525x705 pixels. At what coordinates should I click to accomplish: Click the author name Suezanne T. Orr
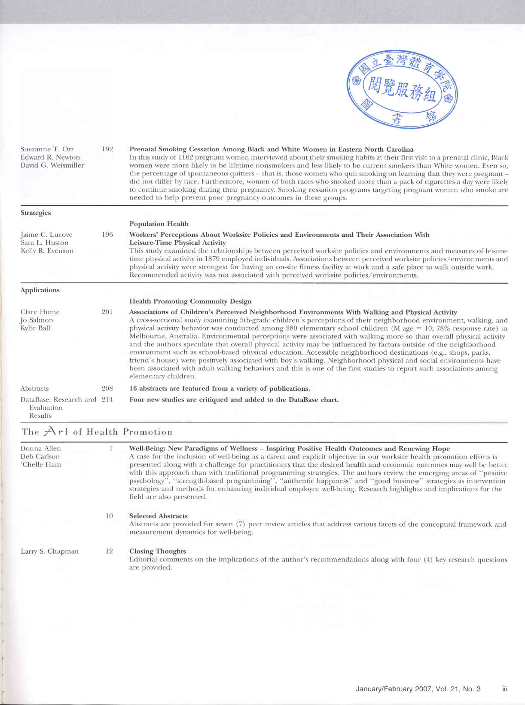[47, 149]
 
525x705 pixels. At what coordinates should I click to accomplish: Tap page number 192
[107, 149]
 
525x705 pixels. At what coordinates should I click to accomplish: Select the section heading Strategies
[36, 213]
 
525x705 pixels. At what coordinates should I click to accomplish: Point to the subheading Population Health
[159, 224]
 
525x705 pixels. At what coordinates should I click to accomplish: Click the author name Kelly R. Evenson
[47, 251]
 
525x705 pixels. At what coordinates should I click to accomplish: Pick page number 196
[107, 235]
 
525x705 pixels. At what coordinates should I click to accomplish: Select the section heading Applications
[40, 290]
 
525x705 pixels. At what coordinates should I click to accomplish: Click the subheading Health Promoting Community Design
[190, 301]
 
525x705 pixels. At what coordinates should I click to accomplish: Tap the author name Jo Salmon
[37, 320]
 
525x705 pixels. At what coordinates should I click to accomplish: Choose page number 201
[107, 312]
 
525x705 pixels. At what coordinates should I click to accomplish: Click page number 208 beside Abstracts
[107, 389]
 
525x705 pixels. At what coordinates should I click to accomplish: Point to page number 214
[107, 399]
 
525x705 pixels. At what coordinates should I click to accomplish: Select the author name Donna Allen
[41, 448]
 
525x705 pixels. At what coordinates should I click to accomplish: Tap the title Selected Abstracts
[159, 516]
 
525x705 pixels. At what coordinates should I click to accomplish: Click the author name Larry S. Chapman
[50, 551]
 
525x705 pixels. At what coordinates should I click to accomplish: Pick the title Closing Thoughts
[158, 551]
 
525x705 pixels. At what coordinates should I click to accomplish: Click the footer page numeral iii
[505, 689]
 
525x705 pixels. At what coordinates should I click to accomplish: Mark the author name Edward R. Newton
[50, 157]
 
